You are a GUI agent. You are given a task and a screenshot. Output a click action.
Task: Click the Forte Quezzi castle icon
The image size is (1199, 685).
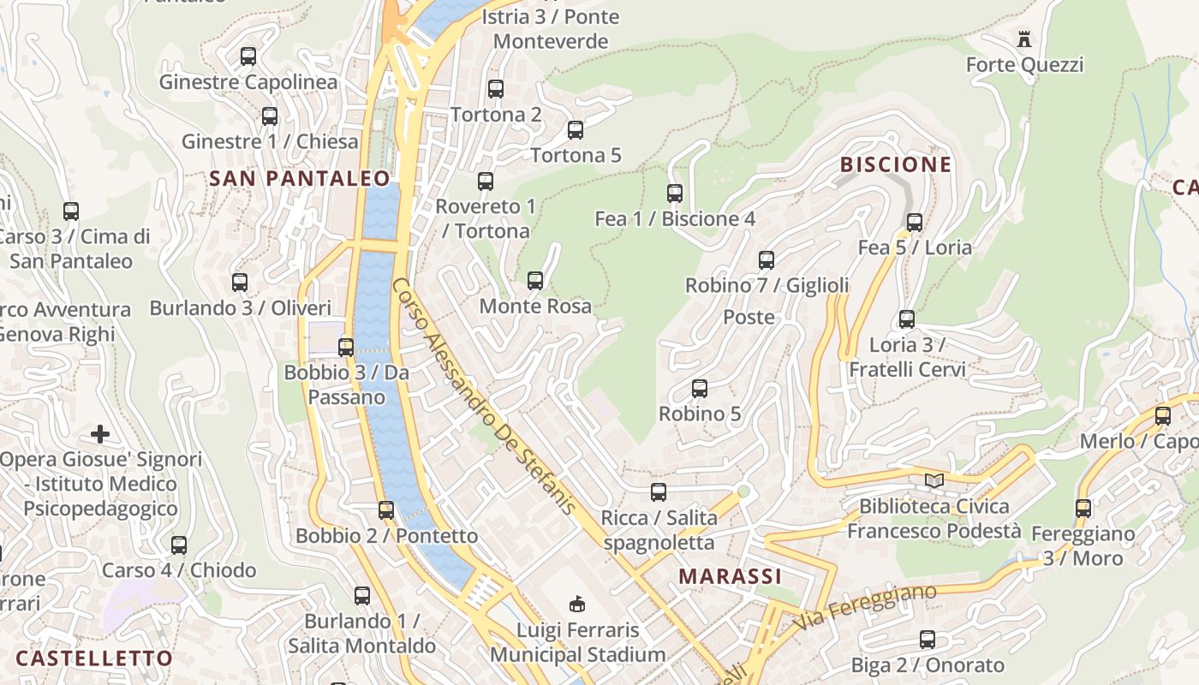tap(1023, 39)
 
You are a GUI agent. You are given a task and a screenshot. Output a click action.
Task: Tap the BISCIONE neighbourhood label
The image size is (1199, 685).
tap(896, 164)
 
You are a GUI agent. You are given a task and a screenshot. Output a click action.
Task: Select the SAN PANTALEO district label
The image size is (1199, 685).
tap(300, 178)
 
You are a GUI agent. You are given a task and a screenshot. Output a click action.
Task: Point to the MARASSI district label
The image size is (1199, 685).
tap(731, 576)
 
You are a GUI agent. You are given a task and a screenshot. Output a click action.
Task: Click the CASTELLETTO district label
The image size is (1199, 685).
tap(94, 658)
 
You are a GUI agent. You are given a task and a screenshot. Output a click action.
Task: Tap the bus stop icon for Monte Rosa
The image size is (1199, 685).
tap(535, 280)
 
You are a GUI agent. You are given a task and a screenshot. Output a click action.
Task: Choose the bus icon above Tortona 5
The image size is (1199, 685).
tap(576, 130)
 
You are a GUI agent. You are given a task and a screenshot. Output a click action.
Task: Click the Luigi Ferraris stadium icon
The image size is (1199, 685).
tap(578, 605)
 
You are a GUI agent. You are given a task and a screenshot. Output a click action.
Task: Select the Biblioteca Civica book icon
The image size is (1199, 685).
tap(934, 481)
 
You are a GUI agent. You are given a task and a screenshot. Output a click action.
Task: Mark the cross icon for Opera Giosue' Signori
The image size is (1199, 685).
tap(100, 434)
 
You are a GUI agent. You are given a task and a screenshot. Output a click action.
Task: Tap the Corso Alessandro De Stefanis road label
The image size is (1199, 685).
tap(484, 396)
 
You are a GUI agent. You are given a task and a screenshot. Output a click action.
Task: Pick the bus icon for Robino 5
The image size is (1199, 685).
tap(700, 389)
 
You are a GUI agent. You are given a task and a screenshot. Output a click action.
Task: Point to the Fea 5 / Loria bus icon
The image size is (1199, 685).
tap(915, 223)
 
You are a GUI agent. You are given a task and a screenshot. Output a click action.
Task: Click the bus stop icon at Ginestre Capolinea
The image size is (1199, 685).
tap(248, 57)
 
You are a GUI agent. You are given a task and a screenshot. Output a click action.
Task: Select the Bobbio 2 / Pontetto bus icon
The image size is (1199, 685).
tap(386, 510)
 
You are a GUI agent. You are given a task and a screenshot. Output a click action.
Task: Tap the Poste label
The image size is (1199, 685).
tap(749, 317)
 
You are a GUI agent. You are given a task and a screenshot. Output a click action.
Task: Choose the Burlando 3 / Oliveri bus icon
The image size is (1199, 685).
tap(240, 283)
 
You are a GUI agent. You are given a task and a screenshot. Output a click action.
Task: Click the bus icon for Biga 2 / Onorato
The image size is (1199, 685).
tap(928, 640)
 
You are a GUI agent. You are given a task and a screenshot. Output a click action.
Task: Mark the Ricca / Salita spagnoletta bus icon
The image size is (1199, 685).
tap(659, 492)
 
